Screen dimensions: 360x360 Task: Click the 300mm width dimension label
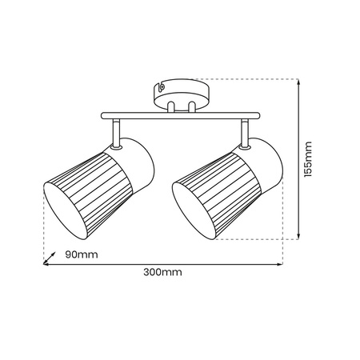(162, 273)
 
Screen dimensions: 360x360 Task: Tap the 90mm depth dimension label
(81, 255)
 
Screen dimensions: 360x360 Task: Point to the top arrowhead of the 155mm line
(298, 82)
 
